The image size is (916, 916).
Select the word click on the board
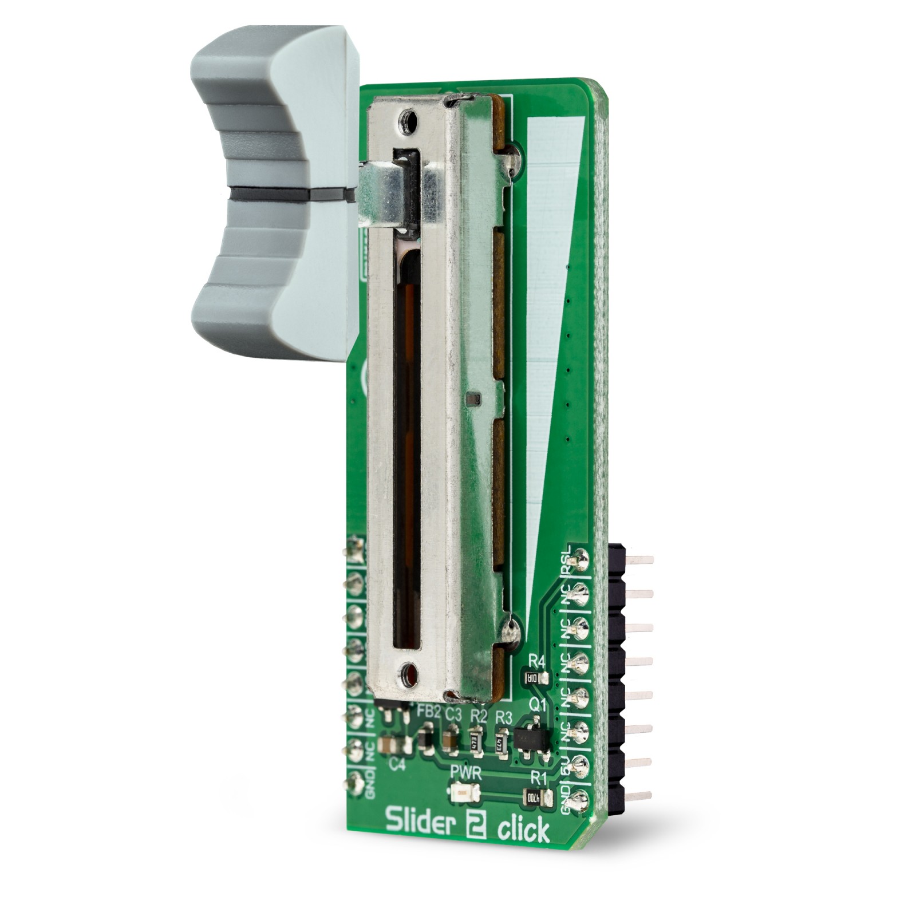(x=523, y=830)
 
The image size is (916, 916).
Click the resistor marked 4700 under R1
(x=536, y=796)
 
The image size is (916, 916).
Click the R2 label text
(x=478, y=715)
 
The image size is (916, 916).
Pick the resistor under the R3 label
(x=500, y=743)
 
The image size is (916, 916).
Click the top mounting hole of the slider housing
(x=408, y=120)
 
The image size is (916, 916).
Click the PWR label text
(x=465, y=775)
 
